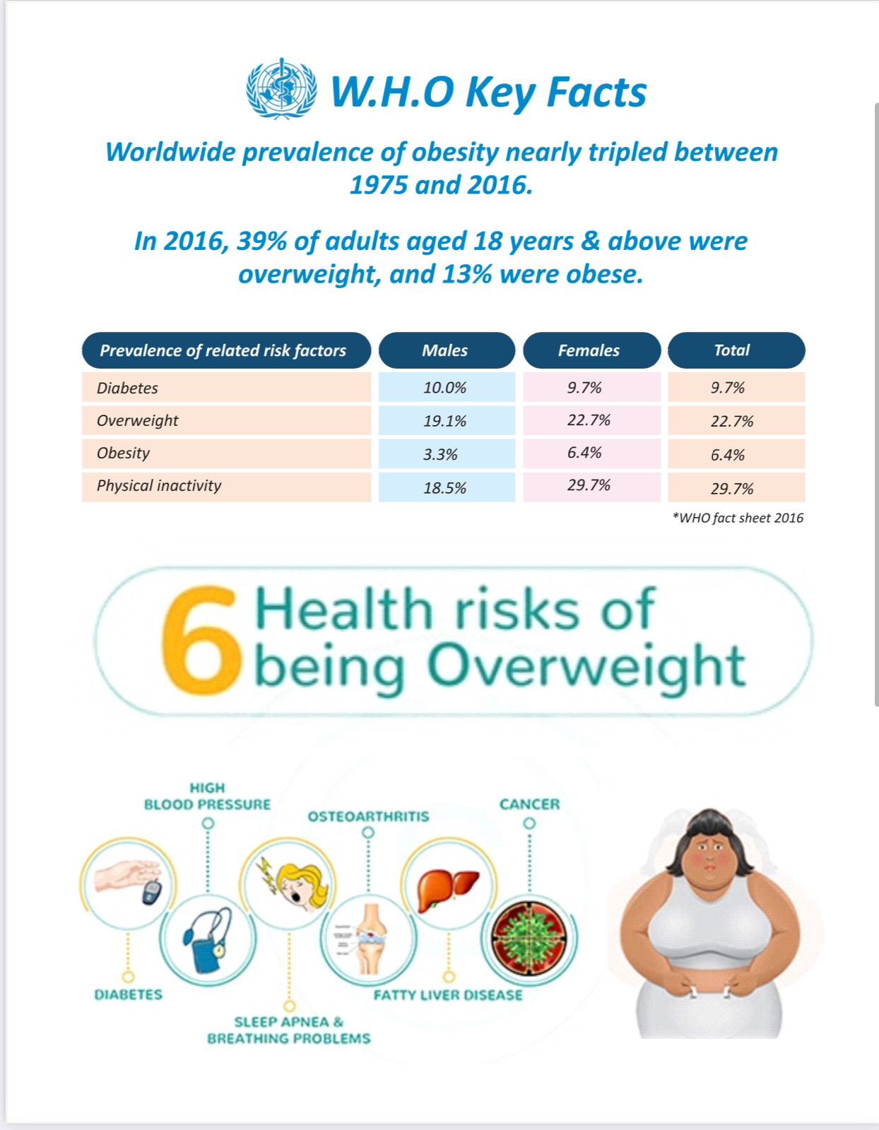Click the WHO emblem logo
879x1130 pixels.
[x=281, y=89]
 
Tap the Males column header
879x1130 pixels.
[x=446, y=350]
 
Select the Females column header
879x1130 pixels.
[x=589, y=350]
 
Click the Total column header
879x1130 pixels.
[x=733, y=350]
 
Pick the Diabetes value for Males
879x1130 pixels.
[x=445, y=388]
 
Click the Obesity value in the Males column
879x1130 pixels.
[x=441, y=454]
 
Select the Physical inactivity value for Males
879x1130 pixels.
[x=445, y=488]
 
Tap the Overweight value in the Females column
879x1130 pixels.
[x=589, y=420]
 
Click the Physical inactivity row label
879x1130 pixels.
[x=159, y=486]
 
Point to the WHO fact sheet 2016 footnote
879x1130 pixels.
[x=738, y=518]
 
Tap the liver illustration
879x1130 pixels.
[x=447, y=888]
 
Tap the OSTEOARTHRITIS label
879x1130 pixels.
[x=368, y=816]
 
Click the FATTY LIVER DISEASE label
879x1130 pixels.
[x=448, y=995]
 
